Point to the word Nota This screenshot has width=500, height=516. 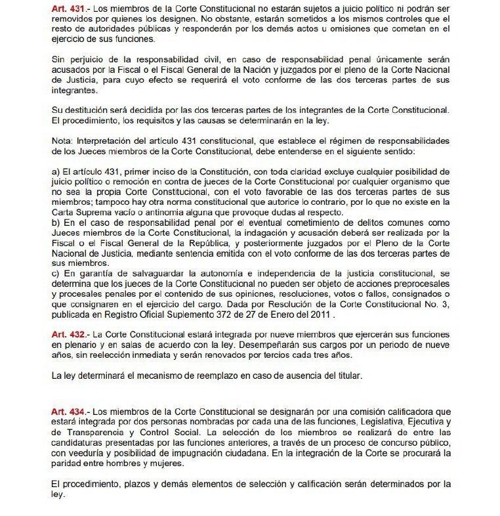click(62, 141)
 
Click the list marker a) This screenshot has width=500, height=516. click(55, 171)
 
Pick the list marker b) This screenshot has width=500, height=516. click(55, 223)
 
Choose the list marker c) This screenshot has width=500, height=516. click(55, 273)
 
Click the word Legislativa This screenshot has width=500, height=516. click(377, 422)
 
